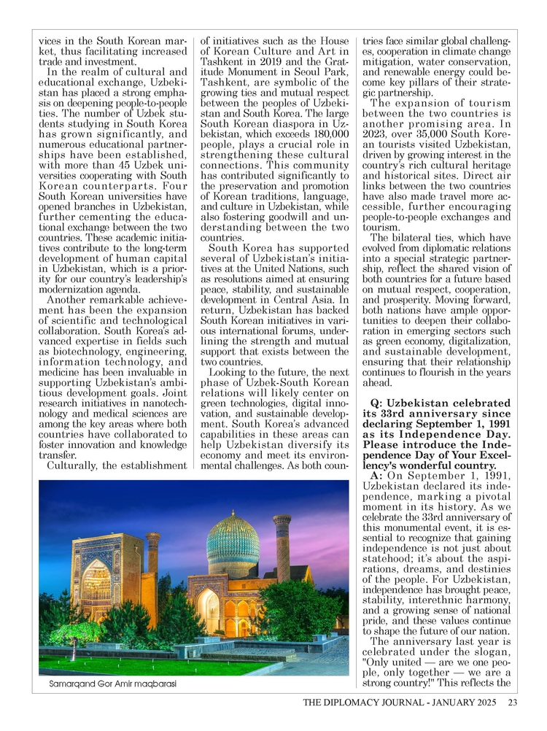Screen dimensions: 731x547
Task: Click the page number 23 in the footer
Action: (x=512, y=703)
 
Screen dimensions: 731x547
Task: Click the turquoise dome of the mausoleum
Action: (x=233, y=540)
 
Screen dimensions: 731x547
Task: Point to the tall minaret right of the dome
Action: (x=282, y=547)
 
